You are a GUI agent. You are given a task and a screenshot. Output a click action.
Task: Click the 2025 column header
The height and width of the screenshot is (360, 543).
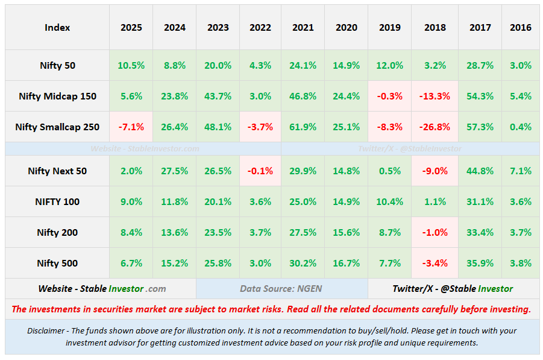coord(131,28)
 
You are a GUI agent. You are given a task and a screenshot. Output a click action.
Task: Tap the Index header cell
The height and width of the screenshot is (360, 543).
coord(57,28)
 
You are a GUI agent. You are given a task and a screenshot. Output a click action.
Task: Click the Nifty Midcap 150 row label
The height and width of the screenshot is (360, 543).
coord(57,96)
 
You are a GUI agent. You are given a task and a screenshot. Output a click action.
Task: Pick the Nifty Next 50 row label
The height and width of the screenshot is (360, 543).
coord(57,171)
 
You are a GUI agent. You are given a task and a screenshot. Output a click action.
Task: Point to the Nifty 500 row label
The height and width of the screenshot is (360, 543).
coord(57,264)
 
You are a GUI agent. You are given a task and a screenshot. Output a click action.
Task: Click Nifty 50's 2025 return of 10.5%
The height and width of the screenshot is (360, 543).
coord(131,66)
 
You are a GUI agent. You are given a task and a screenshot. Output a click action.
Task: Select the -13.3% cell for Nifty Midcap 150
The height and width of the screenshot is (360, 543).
coord(435,96)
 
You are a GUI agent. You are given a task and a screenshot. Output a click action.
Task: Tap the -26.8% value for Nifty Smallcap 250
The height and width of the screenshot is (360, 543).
coord(435,127)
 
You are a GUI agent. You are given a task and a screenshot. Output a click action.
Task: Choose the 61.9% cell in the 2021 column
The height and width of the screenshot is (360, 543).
coord(303,127)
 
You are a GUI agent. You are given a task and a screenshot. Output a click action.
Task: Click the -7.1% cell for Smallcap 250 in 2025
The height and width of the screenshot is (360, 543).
coord(131,127)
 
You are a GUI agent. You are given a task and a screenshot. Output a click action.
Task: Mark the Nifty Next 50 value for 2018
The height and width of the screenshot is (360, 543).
coord(435,171)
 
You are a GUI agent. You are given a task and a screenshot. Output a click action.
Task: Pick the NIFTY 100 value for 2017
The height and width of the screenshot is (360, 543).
coord(480,202)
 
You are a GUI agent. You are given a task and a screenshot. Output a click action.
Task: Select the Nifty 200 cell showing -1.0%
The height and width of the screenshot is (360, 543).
coord(435,233)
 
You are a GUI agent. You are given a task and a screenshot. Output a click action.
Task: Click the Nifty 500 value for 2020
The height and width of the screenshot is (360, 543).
coord(347,264)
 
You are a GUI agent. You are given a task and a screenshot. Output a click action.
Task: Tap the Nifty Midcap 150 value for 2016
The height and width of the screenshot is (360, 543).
coord(521,96)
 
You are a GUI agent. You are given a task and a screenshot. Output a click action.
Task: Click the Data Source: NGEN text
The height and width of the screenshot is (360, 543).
coord(281,289)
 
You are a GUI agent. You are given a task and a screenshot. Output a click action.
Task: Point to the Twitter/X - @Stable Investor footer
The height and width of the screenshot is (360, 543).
coord(453,289)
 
